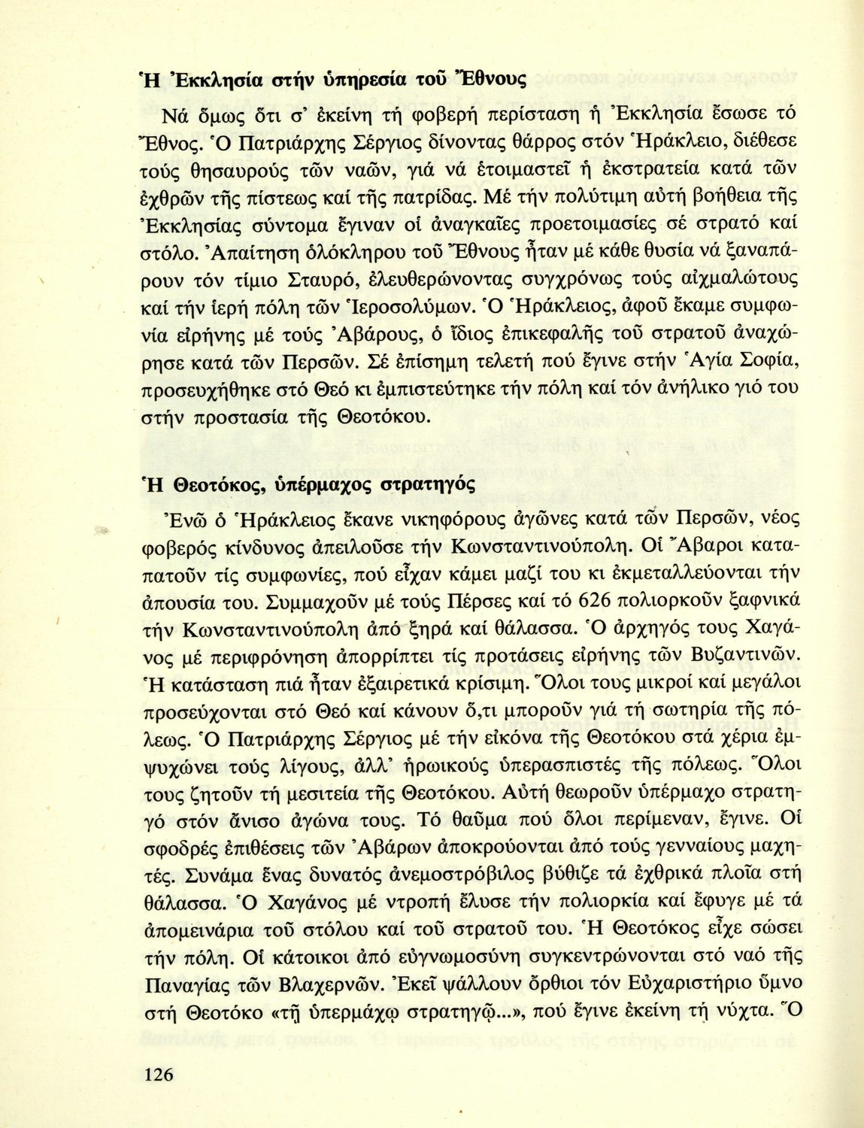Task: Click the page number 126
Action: click(158, 1073)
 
